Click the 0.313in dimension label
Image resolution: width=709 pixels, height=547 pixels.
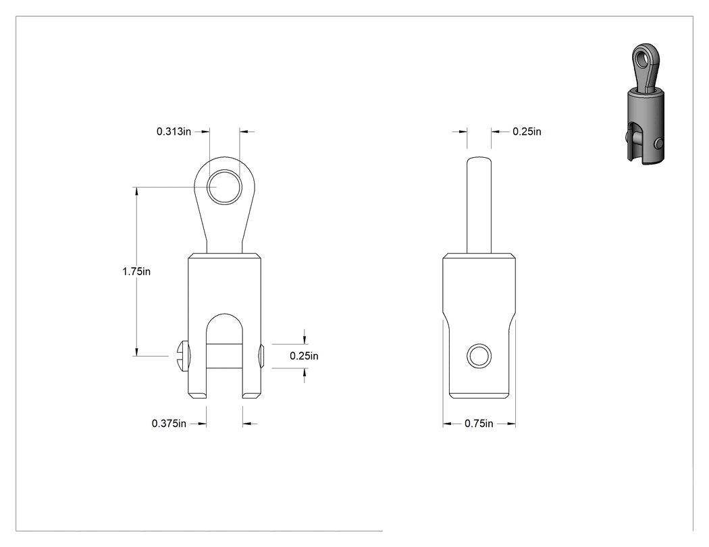click(174, 132)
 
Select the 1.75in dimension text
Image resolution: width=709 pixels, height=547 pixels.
click(136, 271)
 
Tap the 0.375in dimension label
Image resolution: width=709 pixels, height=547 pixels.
click(169, 424)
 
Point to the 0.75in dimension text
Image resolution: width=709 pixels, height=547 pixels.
click(479, 424)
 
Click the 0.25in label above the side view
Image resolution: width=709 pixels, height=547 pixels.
click(527, 132)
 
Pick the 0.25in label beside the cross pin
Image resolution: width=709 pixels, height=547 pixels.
click(304, 356)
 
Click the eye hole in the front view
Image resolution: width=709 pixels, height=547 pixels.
click(224, 187)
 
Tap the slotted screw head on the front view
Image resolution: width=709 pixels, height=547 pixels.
click(182, 356)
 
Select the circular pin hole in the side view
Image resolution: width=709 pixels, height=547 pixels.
click(479, 356)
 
